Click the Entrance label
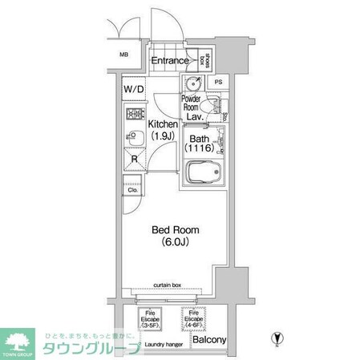pyautogui.click(x=169, y=60)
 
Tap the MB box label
pyautogui.click(x=124, y=55)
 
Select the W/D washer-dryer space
pyautogui.click(x=133, y=90)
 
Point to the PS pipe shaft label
pyautogui.click(x=218, y=83)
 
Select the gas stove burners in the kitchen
pyautogui.click(x=133, y=113)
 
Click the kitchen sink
pyautogui.click(x=131, y=137)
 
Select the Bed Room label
pyautogui.click(x=176, y=230)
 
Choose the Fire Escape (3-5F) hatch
pyautogui.click(x=150, y=320)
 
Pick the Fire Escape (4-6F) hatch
pyautogui.click(x=193, y=320)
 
